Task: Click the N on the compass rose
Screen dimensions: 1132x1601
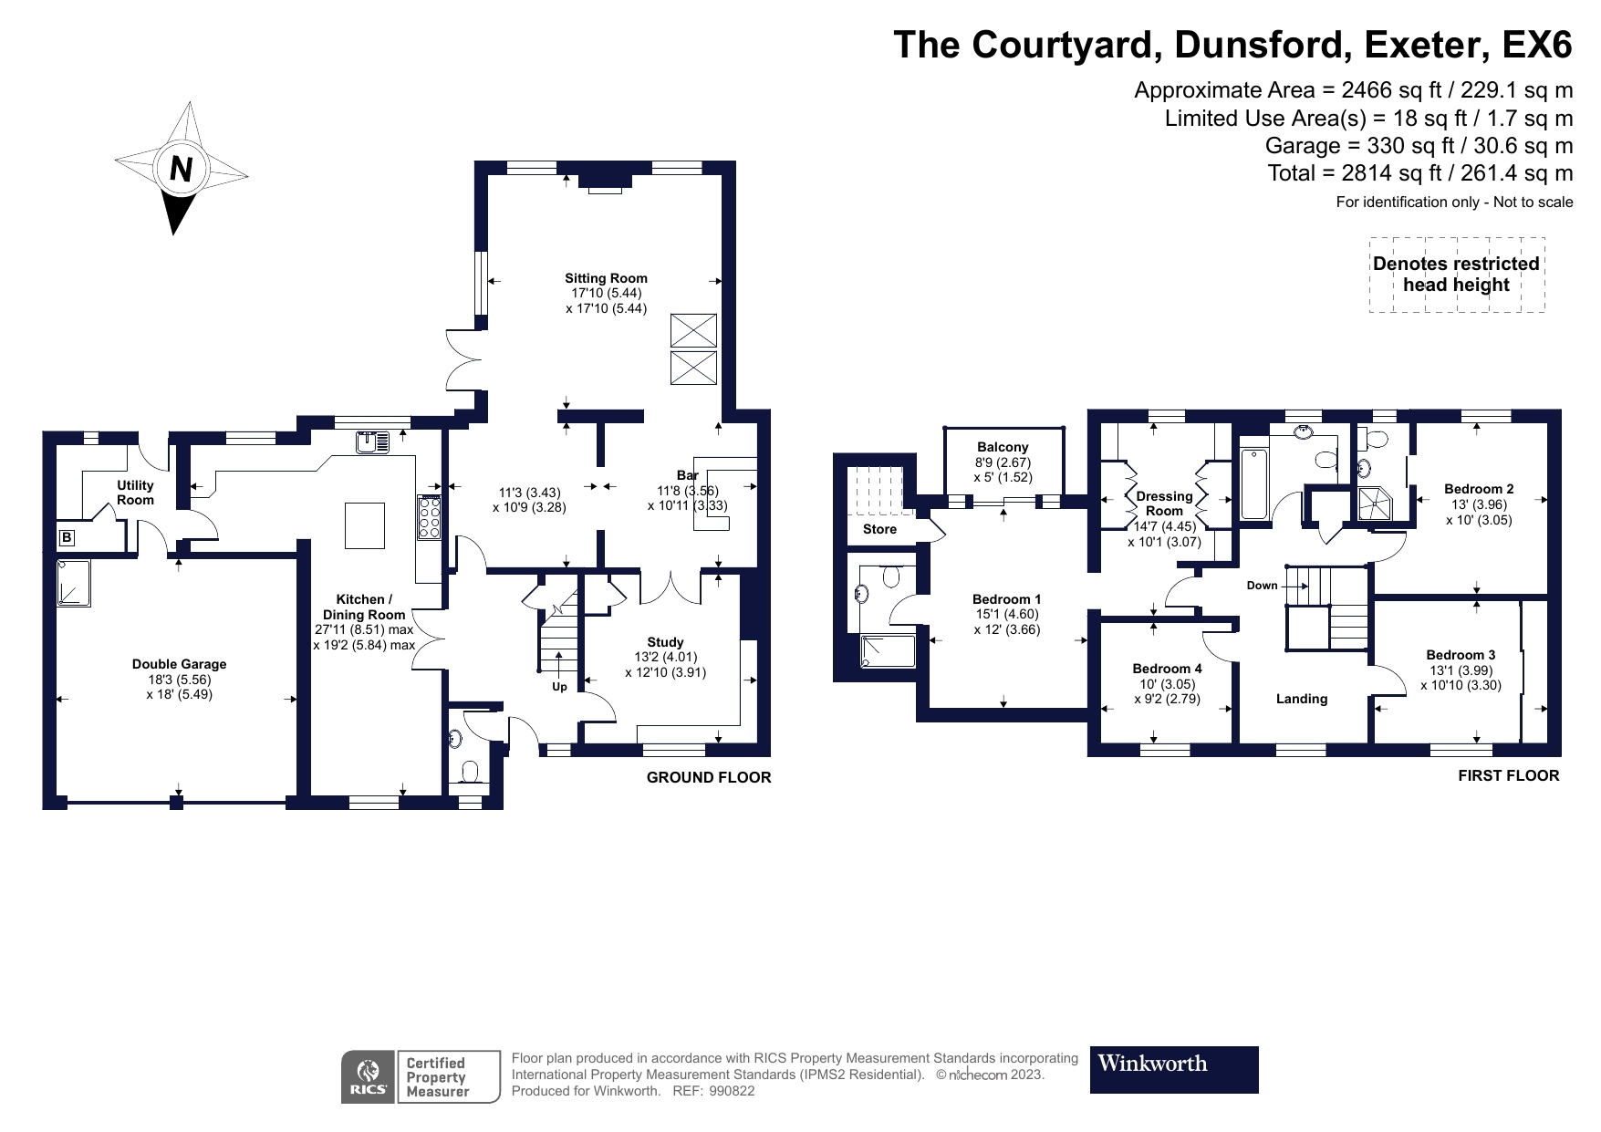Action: point(181,170)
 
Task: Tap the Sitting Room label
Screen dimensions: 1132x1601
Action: point(606,278)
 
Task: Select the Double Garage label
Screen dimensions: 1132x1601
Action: point(179,664)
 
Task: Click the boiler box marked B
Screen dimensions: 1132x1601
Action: point(66,538)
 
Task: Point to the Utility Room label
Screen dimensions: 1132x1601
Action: point(135,493)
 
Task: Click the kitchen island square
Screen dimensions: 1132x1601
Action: point(364,524)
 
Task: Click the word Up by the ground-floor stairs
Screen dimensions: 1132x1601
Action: point(559,687)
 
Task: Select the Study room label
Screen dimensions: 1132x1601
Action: point(665,642)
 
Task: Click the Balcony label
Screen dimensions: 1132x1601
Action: point(1003,447)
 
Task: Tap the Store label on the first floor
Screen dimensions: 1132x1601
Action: point(879,529)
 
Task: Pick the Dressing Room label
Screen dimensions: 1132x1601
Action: point(1164,504)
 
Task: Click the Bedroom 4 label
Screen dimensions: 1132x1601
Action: point(1167,669)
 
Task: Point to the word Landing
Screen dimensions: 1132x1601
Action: point(1301,699)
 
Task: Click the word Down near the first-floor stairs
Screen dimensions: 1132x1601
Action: point(1262,586)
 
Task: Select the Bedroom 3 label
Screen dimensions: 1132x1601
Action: point(1461,655)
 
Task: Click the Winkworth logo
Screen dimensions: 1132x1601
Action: point(1173,1069)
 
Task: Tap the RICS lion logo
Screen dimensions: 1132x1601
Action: point(369,1076)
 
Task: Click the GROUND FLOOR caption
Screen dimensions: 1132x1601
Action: point(708,777)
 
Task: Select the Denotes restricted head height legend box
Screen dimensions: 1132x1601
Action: point(1456,275)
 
